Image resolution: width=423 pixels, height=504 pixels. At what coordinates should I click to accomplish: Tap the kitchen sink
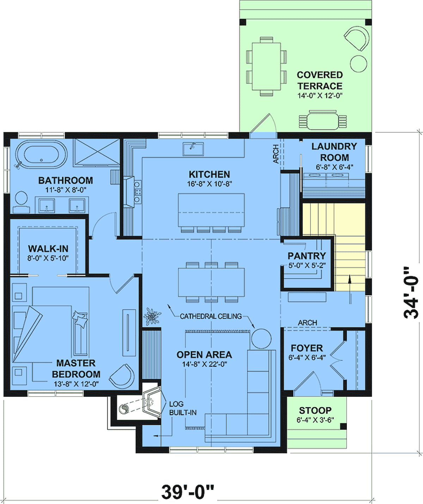coord(193,149)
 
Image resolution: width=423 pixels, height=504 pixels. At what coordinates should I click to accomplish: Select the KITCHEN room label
coord(209,174)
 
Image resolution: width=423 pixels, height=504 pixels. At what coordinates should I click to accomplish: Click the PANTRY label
coord(307,256)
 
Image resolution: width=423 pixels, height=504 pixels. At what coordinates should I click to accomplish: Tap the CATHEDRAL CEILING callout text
coord(211,316)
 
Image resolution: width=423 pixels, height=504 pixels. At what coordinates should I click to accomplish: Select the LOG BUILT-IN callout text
coord(183,408)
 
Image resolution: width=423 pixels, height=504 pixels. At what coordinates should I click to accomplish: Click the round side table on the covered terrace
coord(358,64)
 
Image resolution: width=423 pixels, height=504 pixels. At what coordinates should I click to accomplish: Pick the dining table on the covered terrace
coord(266,66)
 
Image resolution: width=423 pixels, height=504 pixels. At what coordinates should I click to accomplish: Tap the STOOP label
coord(315,410)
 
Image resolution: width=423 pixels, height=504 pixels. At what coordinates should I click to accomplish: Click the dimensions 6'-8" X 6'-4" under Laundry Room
coord(335,167)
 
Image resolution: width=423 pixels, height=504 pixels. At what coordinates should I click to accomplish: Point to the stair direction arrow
coord(350,289)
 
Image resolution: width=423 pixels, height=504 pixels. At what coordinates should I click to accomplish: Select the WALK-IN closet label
coord(48,249)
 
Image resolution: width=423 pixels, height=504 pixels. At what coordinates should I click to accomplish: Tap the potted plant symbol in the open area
coord(152,316)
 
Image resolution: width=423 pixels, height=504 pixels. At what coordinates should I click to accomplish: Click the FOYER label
coord(307,348)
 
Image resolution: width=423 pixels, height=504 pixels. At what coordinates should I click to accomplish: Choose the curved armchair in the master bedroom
coord(122,376)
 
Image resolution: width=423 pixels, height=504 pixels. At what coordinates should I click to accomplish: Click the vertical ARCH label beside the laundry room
coord(276,154)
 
